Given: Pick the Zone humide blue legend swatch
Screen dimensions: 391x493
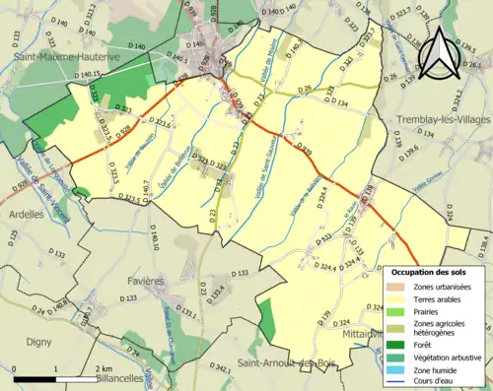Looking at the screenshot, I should [x=394, y=371].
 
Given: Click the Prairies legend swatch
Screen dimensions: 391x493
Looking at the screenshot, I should [x=394, y=312].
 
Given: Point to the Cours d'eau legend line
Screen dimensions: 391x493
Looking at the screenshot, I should [x=394, y=385].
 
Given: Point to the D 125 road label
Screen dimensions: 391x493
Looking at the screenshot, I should [x=14, y=236].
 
